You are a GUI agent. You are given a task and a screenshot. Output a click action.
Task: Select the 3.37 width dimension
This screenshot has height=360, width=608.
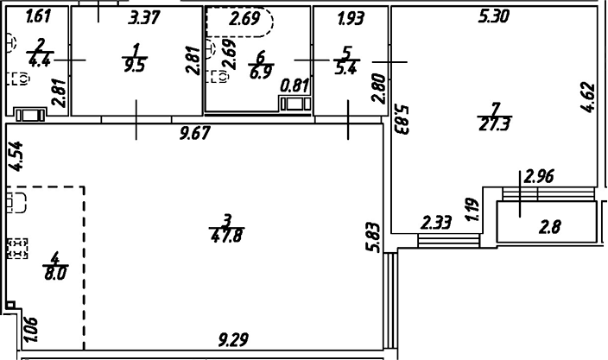(143, 16)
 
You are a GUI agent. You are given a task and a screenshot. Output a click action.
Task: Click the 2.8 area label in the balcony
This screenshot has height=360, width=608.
(550, 229)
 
